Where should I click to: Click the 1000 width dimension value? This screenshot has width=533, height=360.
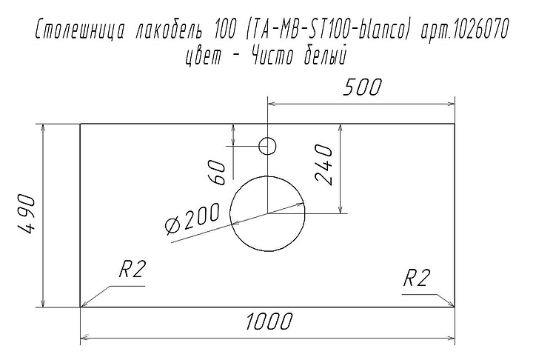pyautogui.click(x=269, y=321)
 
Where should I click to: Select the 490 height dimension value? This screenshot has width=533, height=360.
pyautogui.click(x=26, y=214)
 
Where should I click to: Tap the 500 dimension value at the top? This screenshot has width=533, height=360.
pyautogui.click(x=362, y=87)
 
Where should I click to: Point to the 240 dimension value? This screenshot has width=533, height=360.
pyautogui.click(x=324, y=164)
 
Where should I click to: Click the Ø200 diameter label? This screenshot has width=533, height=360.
pyautogui.click(x=192, y=219)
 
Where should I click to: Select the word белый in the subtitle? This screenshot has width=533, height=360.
pyautogui.click(x=324, y=56)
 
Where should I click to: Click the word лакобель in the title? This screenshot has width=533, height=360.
pyautogui.click(x=169, y=30)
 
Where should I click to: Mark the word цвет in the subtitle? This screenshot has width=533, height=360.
pyautogui.click(x=203, y=57)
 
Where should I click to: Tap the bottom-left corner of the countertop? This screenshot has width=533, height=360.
pyautogui.click(x=80, y=307)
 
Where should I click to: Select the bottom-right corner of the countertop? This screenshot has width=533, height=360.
pyautogui.click(x=455, y=307)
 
